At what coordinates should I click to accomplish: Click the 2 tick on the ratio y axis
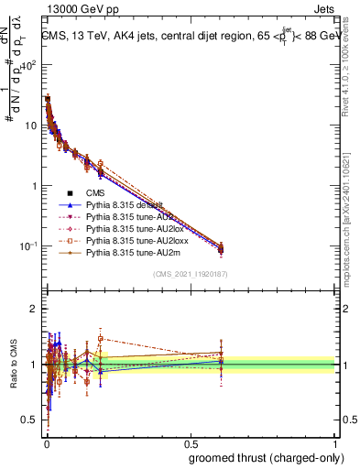click(x=34, y=309)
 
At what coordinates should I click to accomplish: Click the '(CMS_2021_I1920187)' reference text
click(x=190, y=275)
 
